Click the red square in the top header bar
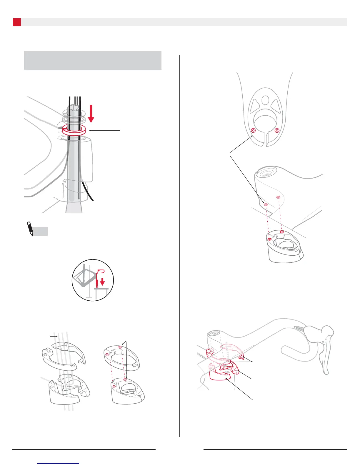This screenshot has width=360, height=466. (x=17, y=22)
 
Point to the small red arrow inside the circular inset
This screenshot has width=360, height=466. (x=102, y=282)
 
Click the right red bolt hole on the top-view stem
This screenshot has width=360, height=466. (x=276, y=131)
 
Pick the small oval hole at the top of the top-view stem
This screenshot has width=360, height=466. (x=265, y=99)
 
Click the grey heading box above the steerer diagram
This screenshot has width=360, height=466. (x=92, y=60)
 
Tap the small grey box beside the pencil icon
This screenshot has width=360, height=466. (x=41, y=232)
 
